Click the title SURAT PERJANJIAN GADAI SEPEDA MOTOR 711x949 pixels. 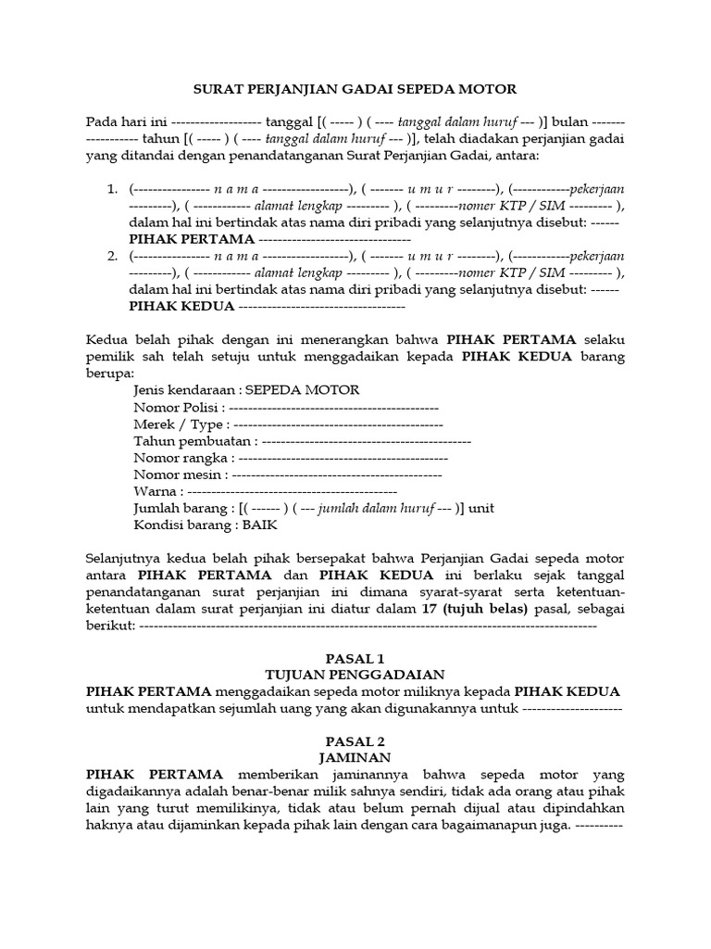coord(355,89)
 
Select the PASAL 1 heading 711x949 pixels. coord(355,657)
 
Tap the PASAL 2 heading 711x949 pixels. coord(355,740)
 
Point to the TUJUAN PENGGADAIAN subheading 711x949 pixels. coord(355,675)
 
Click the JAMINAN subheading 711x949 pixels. coord(355,757)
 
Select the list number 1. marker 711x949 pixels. coord(111,189)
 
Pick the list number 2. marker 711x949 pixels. coord(111,256)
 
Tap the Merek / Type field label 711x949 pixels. coord(179,424)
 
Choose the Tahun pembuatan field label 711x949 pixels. coord(192,441)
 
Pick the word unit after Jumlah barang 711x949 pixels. coord(481,508)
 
